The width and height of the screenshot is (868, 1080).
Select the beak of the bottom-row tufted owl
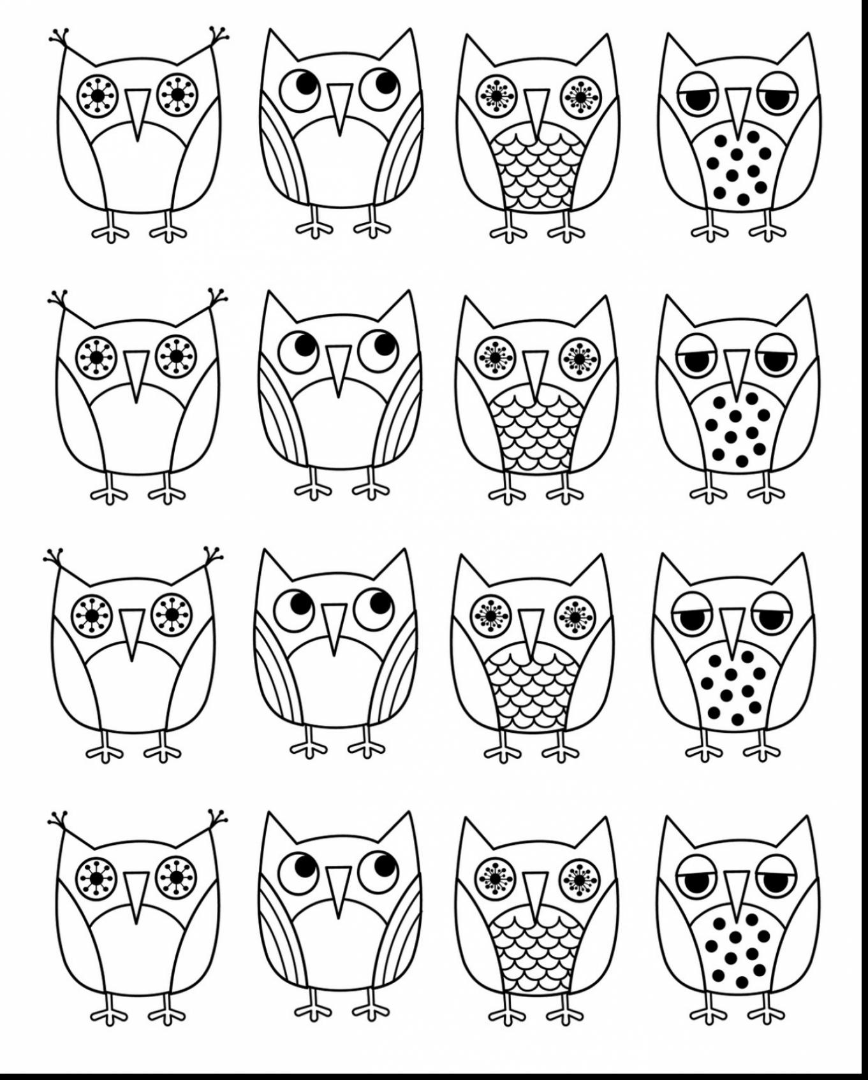[136, 893]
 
